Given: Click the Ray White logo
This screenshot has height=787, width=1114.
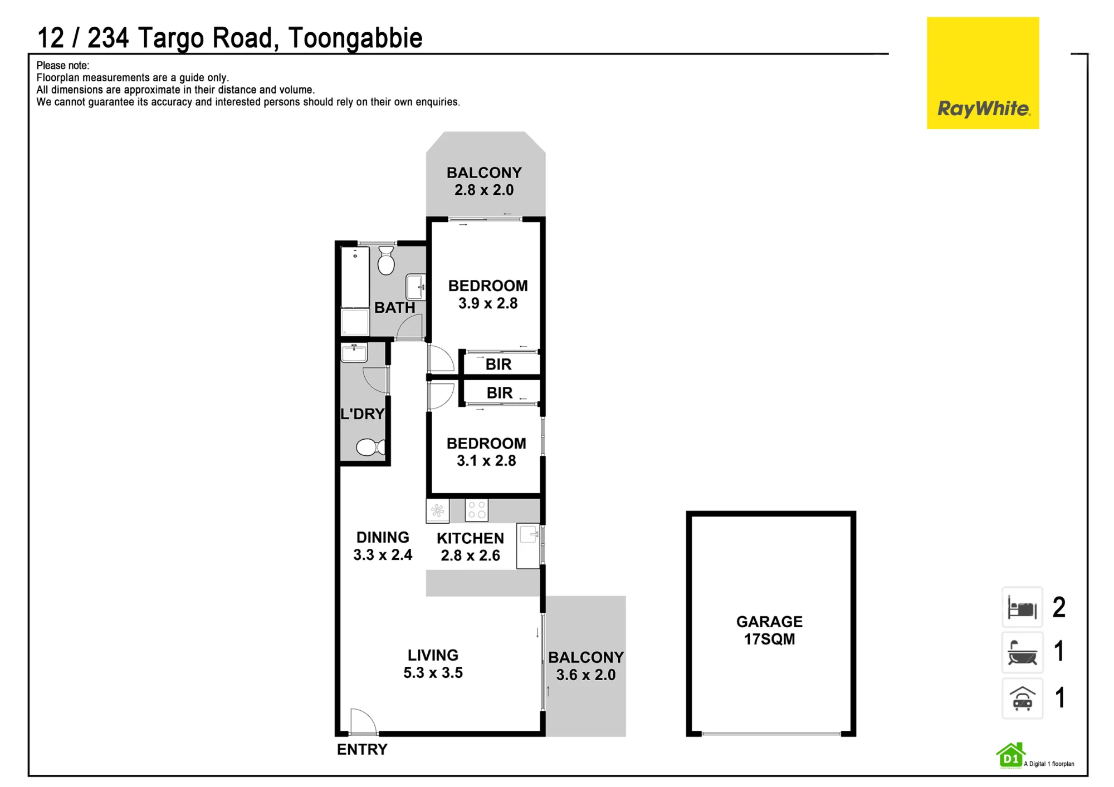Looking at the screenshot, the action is tap(983, 73).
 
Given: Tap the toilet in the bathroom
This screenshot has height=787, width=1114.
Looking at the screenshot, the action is tap(386, 261).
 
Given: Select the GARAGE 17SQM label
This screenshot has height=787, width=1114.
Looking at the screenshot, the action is tap(770, 630).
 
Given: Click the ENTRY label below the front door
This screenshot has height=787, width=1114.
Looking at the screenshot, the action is tap(362, 749).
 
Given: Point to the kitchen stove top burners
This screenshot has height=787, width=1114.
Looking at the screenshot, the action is tap(477, 510).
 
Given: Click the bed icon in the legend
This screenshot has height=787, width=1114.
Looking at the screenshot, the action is tap(1022, 607).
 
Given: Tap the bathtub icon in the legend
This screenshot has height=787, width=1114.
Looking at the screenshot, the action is tap(1022, 652).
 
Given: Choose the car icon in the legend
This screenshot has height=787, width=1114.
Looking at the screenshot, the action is tap(1022, 699).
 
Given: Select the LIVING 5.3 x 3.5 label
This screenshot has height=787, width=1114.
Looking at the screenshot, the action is tap(433, 663).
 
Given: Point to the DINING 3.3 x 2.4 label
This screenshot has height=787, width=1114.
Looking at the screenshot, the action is tap(383, 546).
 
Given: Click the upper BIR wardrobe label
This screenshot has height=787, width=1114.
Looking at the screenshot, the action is tap(499, 365).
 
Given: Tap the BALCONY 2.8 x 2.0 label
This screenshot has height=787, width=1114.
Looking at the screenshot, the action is tap(484, 181).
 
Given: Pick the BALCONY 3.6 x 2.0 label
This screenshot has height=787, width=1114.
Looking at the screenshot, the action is tap(586, 666).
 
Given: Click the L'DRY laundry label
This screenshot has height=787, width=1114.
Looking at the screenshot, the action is tap(363, 414).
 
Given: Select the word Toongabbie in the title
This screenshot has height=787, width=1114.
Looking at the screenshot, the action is tap(355, 38).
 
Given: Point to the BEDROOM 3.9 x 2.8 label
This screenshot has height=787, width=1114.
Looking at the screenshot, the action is tap(488, 294).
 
